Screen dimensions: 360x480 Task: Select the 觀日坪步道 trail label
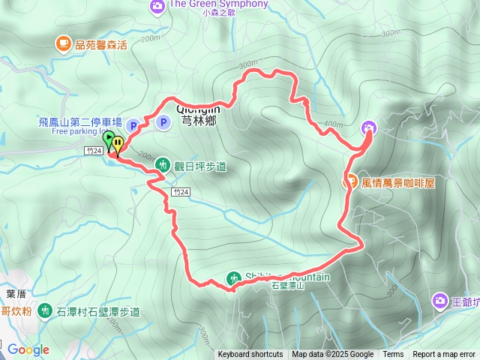pos(200,166)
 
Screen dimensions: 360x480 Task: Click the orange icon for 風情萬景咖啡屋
pos(350,181)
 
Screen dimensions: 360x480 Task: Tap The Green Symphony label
pos(218,4)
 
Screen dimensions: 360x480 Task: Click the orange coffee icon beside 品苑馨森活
pos(63,44)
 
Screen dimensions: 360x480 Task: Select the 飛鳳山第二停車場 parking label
pos(79,121)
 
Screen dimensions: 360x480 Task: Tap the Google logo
pos(28,349)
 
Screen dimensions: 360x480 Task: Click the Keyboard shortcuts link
pos(250,355)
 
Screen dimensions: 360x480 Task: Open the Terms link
pos(393,355)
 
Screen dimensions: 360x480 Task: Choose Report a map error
pos(445,355)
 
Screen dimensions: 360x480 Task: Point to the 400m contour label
pos(330,123)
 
